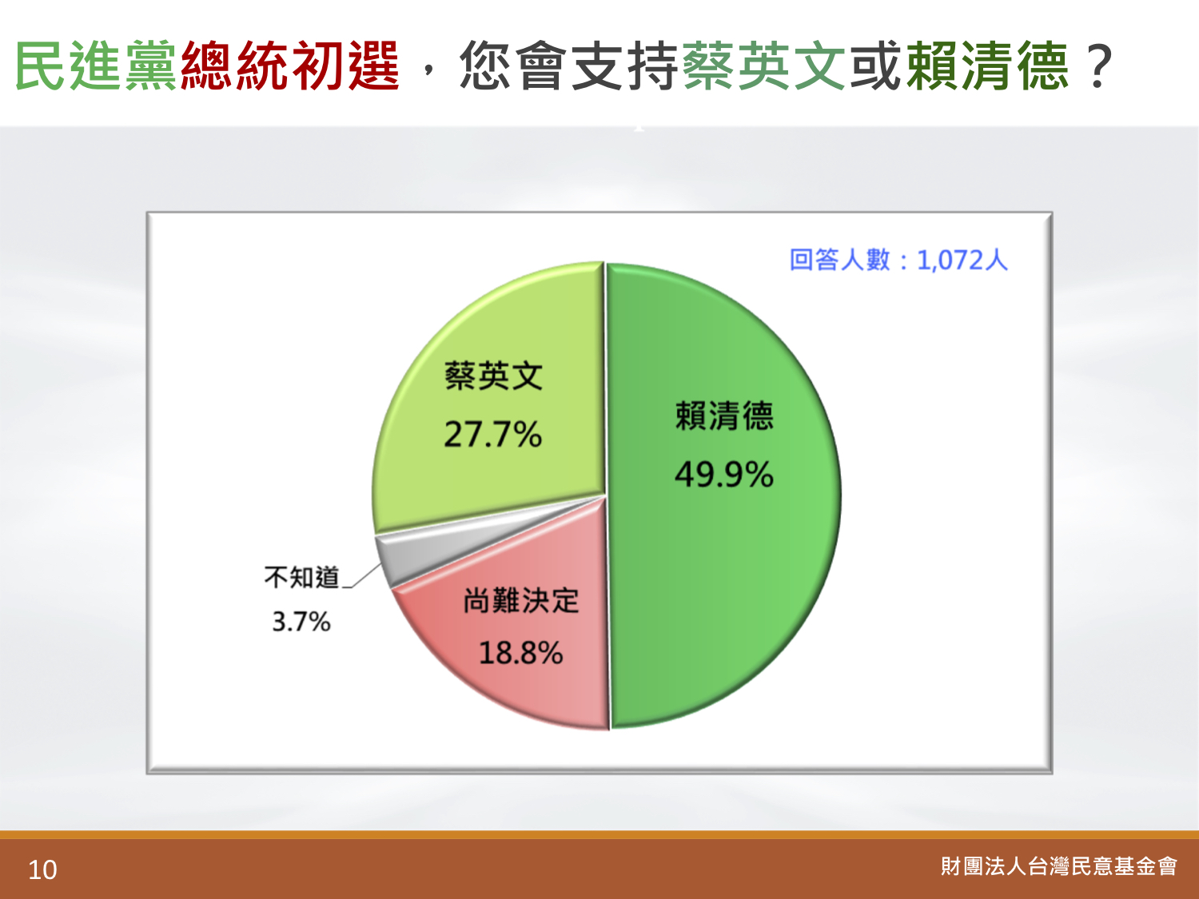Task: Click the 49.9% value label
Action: (x=724, y=474)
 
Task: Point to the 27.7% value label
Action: (x=492, y=435)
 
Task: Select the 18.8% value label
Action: (x=520, y=653)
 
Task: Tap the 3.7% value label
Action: (x=301, y=622)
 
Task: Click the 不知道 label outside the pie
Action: (x=301, y=577)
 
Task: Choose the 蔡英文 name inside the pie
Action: (x=494, y=376)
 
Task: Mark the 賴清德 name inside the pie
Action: (x=724, y=416)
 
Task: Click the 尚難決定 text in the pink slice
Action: (x=521, y=600)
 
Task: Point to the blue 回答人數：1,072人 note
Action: (x=898, y=259)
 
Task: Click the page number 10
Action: (x=42, y=869)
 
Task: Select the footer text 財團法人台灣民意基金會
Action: (x=1058, y=866)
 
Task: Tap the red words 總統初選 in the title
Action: (x=290, y=66)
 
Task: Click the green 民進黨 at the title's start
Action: (x=96, y=66)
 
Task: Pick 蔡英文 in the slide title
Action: (x=764, y=66)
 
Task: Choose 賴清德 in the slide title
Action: (x=987, y=66)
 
